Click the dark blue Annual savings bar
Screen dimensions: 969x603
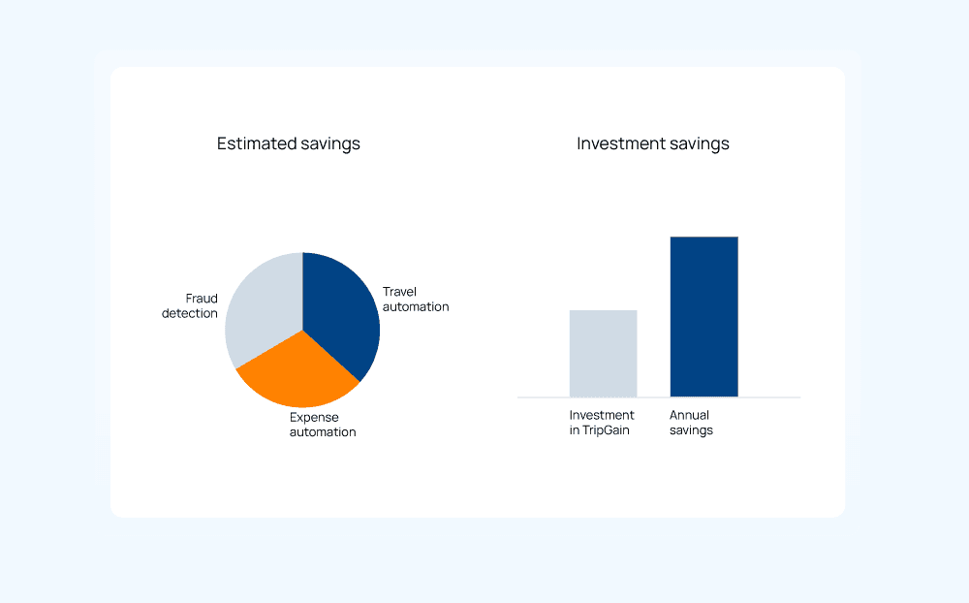pyautogui.click(x=703, y=317)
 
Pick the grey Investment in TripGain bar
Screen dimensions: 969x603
pyautogui.click(x=603, y=353)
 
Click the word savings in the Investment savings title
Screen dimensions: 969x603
pyautogui.click(x=700, y=144)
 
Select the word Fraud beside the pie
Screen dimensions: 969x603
pyautogui.click(x=202, y=299)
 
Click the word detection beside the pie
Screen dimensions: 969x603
pyautogui.click(x=190, y=313)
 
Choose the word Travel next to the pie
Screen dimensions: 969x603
pyautogui.click(x=399, y=292)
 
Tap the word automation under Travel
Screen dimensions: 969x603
pyautogui.click(x=416, y=306)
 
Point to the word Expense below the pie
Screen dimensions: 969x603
pyautogui.click(x=314, y=418)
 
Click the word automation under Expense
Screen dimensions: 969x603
pyautogui.click(x=323, y=432)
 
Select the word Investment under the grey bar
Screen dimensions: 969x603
pyautogui.click(x=602, y=415)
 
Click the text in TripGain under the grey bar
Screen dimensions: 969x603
pyautogui.click(x=600, y=430)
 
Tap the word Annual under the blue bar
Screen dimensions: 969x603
pyautogui.click(x=690, y=415)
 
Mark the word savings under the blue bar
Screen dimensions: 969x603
pyautogui.click(x=692, y=431)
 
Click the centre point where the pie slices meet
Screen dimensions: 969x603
pyautogui.click(x=302, y=330)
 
